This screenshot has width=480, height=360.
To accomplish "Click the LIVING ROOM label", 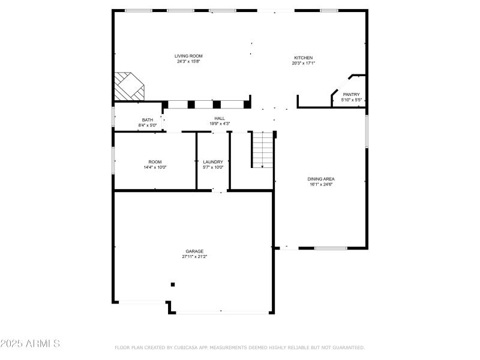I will pyautogui.click(x=188, y=56).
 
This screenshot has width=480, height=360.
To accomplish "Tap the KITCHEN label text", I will pyautogui.click(x=303, y=58).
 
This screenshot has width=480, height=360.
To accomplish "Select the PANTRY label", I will pyautogui.click(x=351, y=94).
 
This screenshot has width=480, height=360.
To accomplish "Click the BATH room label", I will pyautogui.click(x=147, y=120).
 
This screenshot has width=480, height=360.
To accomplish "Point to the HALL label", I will pyautogui.click(x=220, y=118).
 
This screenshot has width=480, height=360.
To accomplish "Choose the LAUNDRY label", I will pyautogui.click(x=213, y=162).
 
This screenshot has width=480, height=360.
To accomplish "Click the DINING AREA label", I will pyautogui.click(x=321, y=179).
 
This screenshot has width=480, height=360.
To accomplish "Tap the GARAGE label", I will pyautogui.click(x=194, y=251).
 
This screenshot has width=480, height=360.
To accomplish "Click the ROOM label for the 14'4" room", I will pyautogui.click(x=155, y=162).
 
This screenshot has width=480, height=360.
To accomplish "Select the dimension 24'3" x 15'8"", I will pyautogui.click(x=188, y=61).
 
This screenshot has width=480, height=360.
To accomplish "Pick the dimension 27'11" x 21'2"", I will pyautogui.click(x=194, y=257).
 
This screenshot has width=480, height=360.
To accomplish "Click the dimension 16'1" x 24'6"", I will pyautogui.click(x=321, y=184).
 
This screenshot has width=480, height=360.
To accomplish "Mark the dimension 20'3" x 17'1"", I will pyautogui.click(x=303, y=63).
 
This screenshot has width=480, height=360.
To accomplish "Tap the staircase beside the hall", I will pyautogui.click(x=262, y=150).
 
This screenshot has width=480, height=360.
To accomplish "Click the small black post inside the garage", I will pyautogui.click(x=173, y=284).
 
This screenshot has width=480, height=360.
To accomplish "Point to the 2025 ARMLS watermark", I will pyautogui.click(x=30, y=344).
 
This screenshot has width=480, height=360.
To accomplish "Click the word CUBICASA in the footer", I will pyautogui.click(x=189, y=347).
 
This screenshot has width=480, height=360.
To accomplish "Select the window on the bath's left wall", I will pyautogui.click(x=113, y=116).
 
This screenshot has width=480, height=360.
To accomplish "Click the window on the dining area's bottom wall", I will pyautogui.click(x=331, y=248).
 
